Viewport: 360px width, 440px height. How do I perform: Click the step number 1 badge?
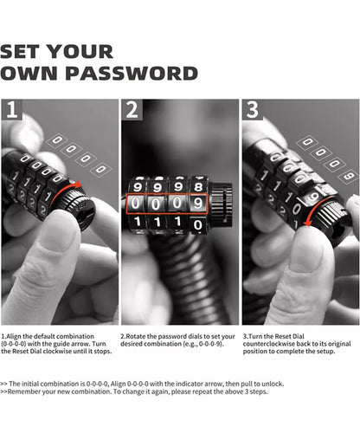11,109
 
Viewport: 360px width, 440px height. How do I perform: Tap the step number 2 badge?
132,109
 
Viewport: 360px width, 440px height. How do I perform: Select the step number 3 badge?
253,109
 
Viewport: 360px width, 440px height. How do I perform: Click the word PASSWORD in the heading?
132,74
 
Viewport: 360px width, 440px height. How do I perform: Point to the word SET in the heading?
20,52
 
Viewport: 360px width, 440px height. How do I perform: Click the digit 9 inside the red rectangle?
198,204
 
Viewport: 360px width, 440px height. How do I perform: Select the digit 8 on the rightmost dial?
198,186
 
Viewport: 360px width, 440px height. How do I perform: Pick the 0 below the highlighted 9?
198,224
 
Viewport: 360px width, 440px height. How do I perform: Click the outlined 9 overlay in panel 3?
350,176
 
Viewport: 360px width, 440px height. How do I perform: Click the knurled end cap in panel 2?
222,199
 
